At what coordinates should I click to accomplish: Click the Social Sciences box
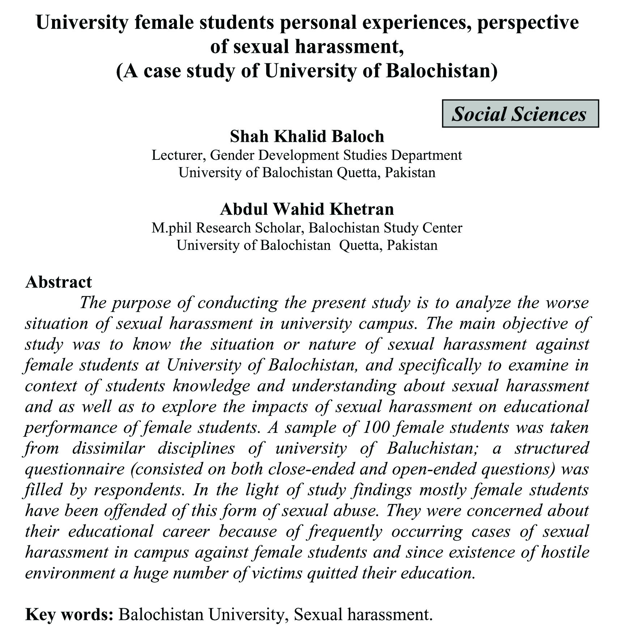point(520,114)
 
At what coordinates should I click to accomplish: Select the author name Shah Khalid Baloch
point(307,137)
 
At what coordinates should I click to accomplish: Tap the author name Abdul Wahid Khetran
point(307,209)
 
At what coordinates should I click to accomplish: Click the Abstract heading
point(59,282)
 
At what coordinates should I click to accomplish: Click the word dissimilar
point(109,448)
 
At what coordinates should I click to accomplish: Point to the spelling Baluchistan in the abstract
point(430,448)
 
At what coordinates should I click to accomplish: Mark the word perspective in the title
point(528,22)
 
